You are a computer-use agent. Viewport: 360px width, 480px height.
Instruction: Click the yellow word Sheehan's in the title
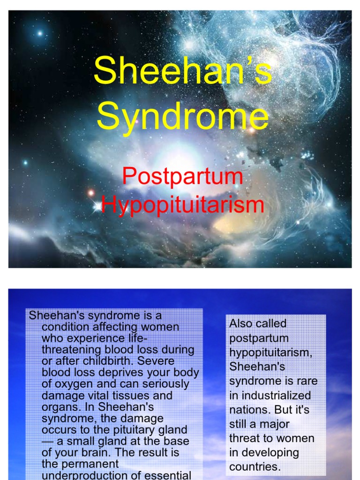pyautogui.click(x=182, y=71)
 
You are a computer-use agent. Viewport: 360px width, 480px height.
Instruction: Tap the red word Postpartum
pyautogui.click(x=182, y=177)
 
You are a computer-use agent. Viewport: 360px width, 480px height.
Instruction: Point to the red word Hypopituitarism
pyautogui.click(x=182, y=205)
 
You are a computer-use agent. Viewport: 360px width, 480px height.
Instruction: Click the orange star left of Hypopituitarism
pyautogui.click(x=91, y=193)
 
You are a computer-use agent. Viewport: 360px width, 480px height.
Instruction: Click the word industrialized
pyautogui.click(x=270, y=395)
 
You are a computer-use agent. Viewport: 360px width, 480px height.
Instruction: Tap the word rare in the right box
pyautogui.click(x=307, y=381)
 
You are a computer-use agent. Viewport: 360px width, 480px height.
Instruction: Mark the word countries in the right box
pyautogui.click(x=255, y=467)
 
